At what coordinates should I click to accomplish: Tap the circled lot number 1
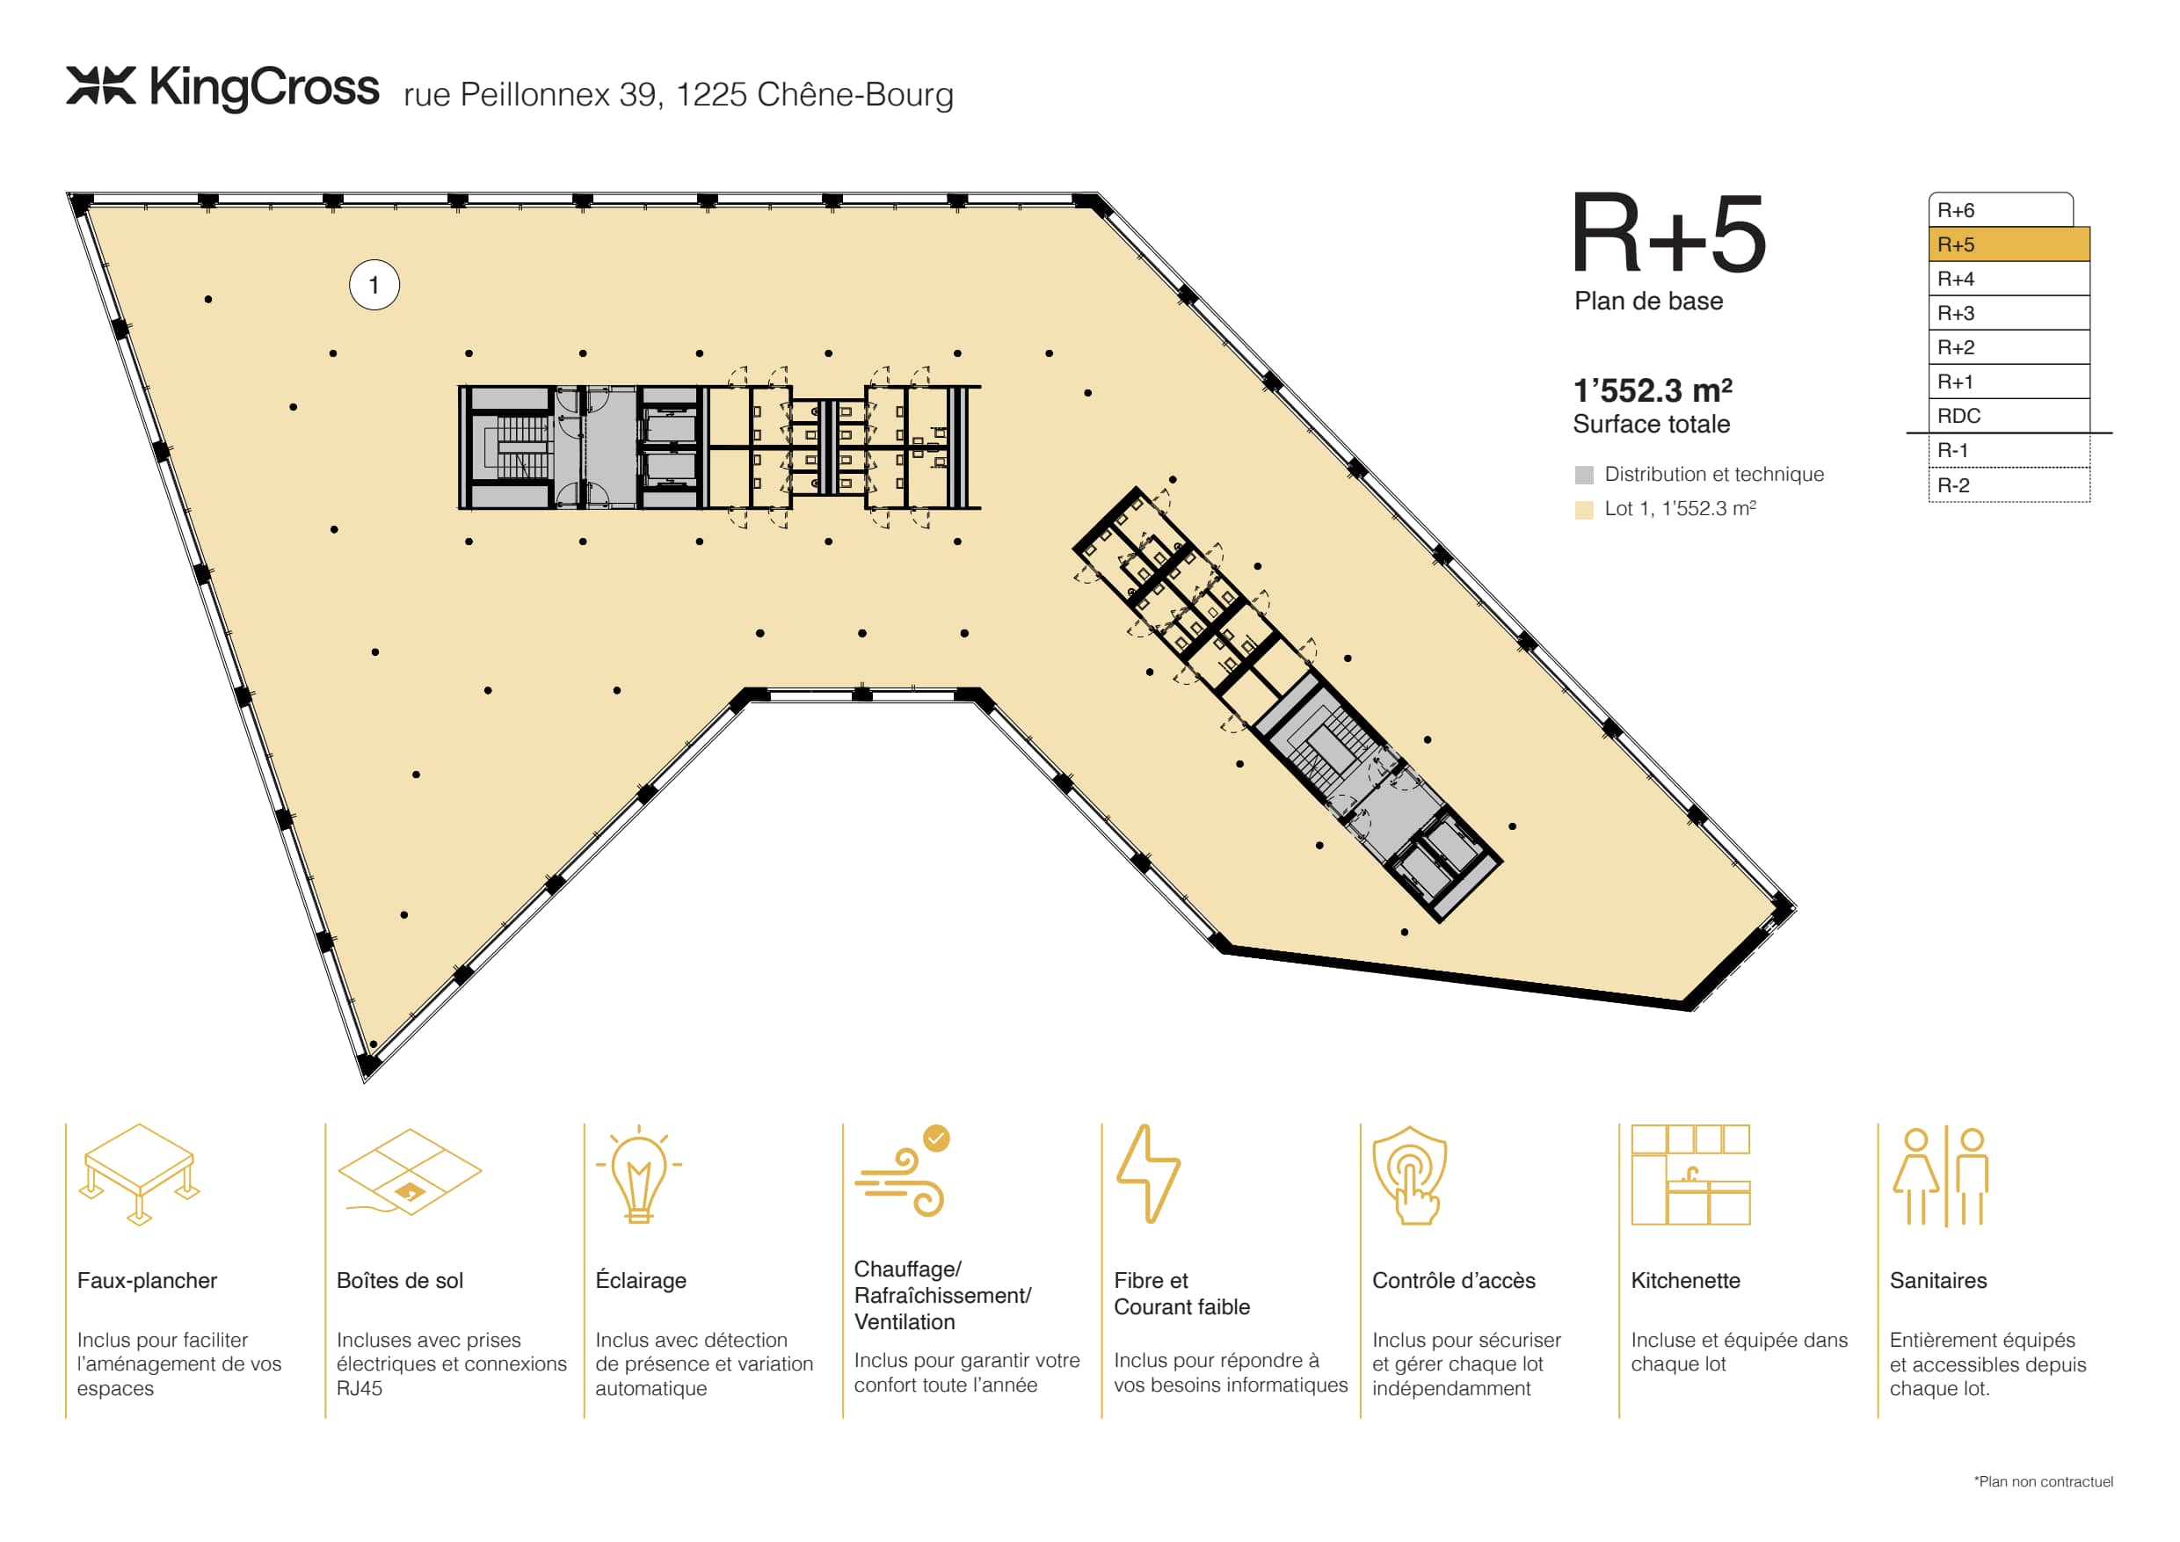click(374, 285)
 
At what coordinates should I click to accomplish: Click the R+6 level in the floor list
click(2001, 210)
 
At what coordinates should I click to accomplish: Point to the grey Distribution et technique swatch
click(1584, 475)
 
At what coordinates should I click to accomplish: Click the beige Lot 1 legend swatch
click(1584, 510)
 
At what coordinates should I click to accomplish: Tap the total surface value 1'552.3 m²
click(1652, 390)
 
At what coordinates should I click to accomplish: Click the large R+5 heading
click(1668, 233)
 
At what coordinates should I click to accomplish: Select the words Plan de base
click(1648, 301)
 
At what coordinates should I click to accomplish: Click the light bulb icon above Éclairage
click(639, 1174)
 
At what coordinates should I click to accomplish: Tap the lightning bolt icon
click(1148, 1174)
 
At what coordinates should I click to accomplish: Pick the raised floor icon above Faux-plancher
click(140, 1175)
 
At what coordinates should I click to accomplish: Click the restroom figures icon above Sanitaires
click(1941, 1176)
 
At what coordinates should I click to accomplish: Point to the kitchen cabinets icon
click(1690, 1175)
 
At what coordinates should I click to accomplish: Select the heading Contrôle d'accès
click(1454, 1281)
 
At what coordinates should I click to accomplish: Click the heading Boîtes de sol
click(400, 1281)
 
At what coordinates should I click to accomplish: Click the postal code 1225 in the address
click(712, 95)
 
